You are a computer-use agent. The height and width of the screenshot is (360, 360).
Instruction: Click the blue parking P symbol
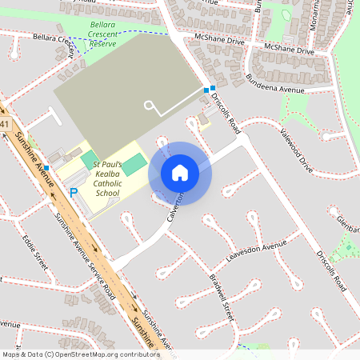(74, 193)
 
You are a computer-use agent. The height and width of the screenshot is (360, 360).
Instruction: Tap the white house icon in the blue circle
(180, 173)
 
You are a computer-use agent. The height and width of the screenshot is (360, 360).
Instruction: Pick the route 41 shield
(5, 124)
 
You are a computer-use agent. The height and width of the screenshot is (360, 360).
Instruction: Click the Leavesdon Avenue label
(256, 249)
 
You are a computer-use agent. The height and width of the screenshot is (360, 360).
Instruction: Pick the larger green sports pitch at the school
(135, 164)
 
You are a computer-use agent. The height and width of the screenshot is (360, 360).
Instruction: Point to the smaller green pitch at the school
(87, 159)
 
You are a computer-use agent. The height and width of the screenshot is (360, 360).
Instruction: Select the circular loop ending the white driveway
(148, 105)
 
